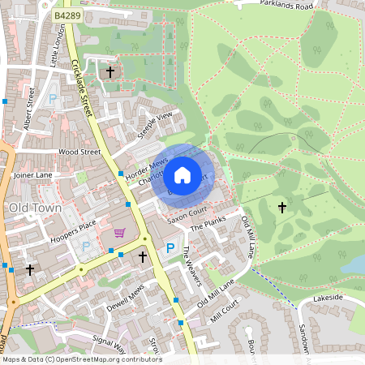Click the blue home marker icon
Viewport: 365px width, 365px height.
coord(182,174)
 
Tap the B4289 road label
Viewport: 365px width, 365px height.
coord(69,15)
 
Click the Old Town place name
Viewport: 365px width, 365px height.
coord(35,208)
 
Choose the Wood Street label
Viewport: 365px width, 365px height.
coord(79,152)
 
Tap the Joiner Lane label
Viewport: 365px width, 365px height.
coord(32,174)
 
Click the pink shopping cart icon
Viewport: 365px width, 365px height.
coord(120,234)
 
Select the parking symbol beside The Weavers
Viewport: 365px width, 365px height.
coord(170,248)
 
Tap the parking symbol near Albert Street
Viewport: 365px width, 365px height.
coord(54,99)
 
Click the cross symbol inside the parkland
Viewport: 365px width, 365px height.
coord(282,208)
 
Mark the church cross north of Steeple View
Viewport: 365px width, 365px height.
coord(110,73)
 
